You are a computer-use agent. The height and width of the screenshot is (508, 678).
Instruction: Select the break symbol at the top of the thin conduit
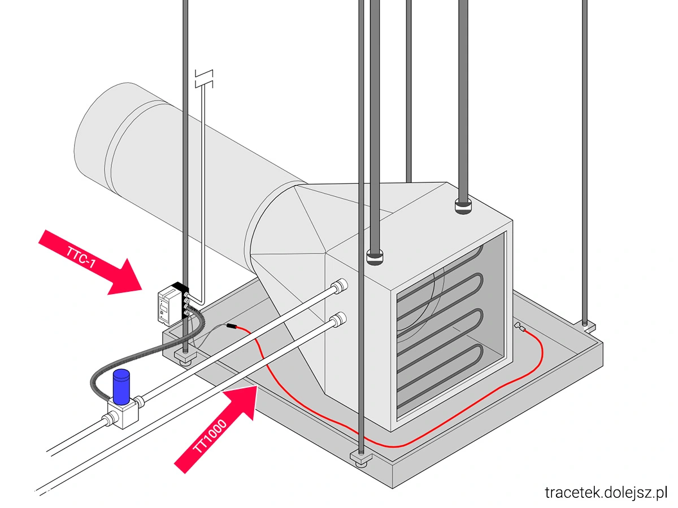(203, 79)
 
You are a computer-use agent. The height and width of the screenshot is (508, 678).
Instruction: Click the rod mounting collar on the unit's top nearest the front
(375, 257)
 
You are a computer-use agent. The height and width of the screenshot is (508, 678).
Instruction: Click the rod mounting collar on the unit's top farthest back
(463, 206)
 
